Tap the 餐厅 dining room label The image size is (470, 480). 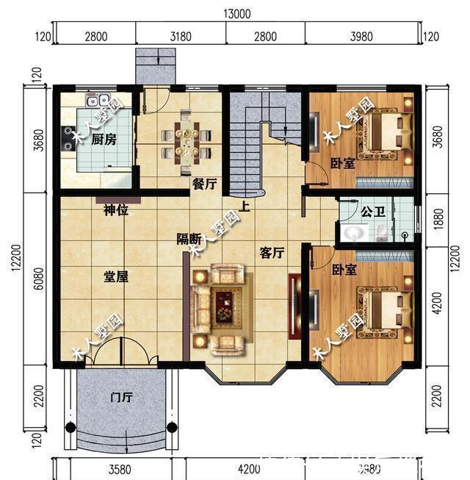tap(204, 185)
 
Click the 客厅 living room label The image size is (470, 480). tap(272, 253)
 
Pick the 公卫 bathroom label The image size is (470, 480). tap(372, 211)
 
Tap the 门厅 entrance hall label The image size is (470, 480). tap(121, 398)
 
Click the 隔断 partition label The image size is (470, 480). tap(189, 239)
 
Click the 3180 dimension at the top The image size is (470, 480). tap(180, 36)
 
